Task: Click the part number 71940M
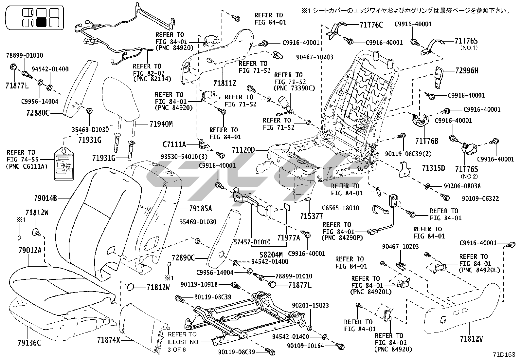click(161, 124)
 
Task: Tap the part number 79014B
click(45, 198)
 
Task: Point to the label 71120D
click(243, 150)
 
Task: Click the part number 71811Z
click(225, 83)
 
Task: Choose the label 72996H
click(467, 70)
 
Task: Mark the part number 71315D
click(433, 168)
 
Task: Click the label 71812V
click(472, 339)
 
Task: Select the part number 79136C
click(29, 343)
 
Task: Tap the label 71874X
click(109, 340)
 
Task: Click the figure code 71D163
click(504, 354)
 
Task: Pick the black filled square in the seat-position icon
click(42, 23)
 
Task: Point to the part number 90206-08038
click(462, 186)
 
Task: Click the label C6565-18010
click(340, 208)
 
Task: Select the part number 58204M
click(271, 255)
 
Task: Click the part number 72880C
click(38, 113)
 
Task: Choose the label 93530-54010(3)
click(184, 157)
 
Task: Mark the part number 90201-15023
click(311, 305)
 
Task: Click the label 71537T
click(312, 216)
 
